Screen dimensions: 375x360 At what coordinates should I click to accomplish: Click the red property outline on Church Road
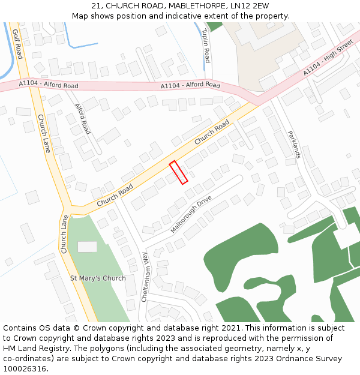coord(179,172)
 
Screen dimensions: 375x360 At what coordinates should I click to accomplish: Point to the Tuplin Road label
coord(206,46)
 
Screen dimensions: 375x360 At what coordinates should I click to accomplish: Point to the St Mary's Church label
coord(98,278)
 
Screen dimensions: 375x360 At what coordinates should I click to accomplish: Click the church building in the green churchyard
coord(87,247)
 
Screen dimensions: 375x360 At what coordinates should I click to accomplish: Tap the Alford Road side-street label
coord(83,119)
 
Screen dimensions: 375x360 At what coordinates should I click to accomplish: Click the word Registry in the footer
coord(49,349)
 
